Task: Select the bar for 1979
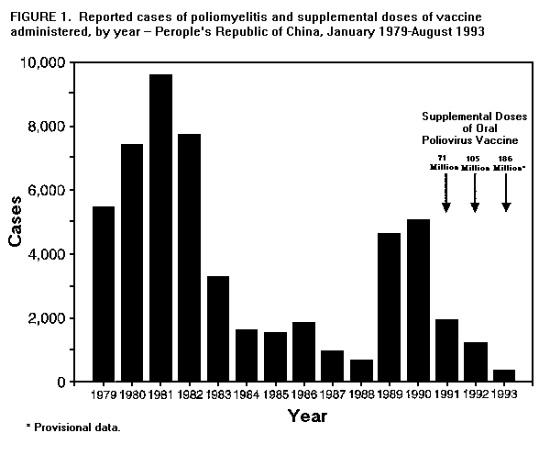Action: [104, 294]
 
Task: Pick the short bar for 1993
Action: [504, 375]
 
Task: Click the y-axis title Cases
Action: [16, 223]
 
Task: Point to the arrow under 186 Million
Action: [506, 193]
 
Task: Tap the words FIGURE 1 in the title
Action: [38, 16]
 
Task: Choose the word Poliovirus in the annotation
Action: [478, 141]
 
